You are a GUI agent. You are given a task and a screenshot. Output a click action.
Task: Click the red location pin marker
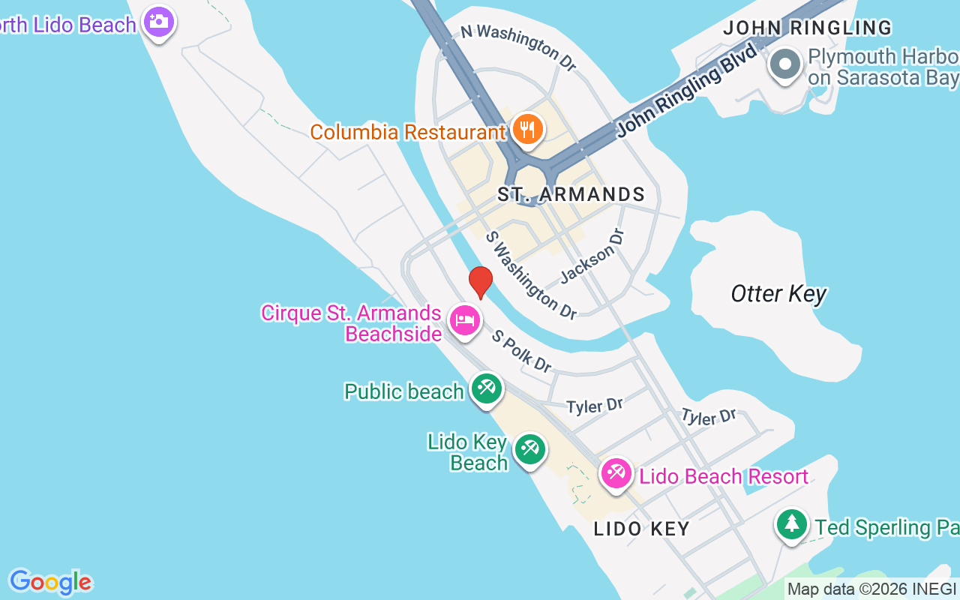[x=481, y=282]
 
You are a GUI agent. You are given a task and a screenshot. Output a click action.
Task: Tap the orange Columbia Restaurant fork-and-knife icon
[x=529, y=129]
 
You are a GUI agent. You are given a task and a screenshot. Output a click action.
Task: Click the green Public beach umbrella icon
[x=486, y=388]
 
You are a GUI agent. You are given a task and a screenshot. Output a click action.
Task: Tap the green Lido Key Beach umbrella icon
[x=529, y=449]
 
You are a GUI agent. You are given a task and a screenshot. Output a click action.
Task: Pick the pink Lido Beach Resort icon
[x=616, y=474]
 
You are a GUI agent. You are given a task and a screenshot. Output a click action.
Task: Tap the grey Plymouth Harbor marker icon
[x=785, y=64]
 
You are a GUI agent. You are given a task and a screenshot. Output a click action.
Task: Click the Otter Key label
[x=778, y=294]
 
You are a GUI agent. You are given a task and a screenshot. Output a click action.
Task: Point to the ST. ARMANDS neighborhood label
[x=571, y=194]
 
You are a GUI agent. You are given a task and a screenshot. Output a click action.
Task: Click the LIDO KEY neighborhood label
[x=641, y=529]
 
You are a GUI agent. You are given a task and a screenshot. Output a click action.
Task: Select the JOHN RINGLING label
[x=807, y=28]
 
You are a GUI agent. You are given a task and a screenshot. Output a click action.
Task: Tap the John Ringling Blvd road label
[x=686, y=91]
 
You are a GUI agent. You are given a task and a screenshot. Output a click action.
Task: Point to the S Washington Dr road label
[x=530, y=275]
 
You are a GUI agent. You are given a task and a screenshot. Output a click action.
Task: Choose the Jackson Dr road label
[x=592, y=256]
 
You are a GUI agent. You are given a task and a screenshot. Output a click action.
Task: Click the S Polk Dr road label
[x=521, y=350]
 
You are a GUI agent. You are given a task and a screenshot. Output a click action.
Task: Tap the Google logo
[x=50, y=582]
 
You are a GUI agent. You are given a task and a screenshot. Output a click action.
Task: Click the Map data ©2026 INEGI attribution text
[x=871, y=589]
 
